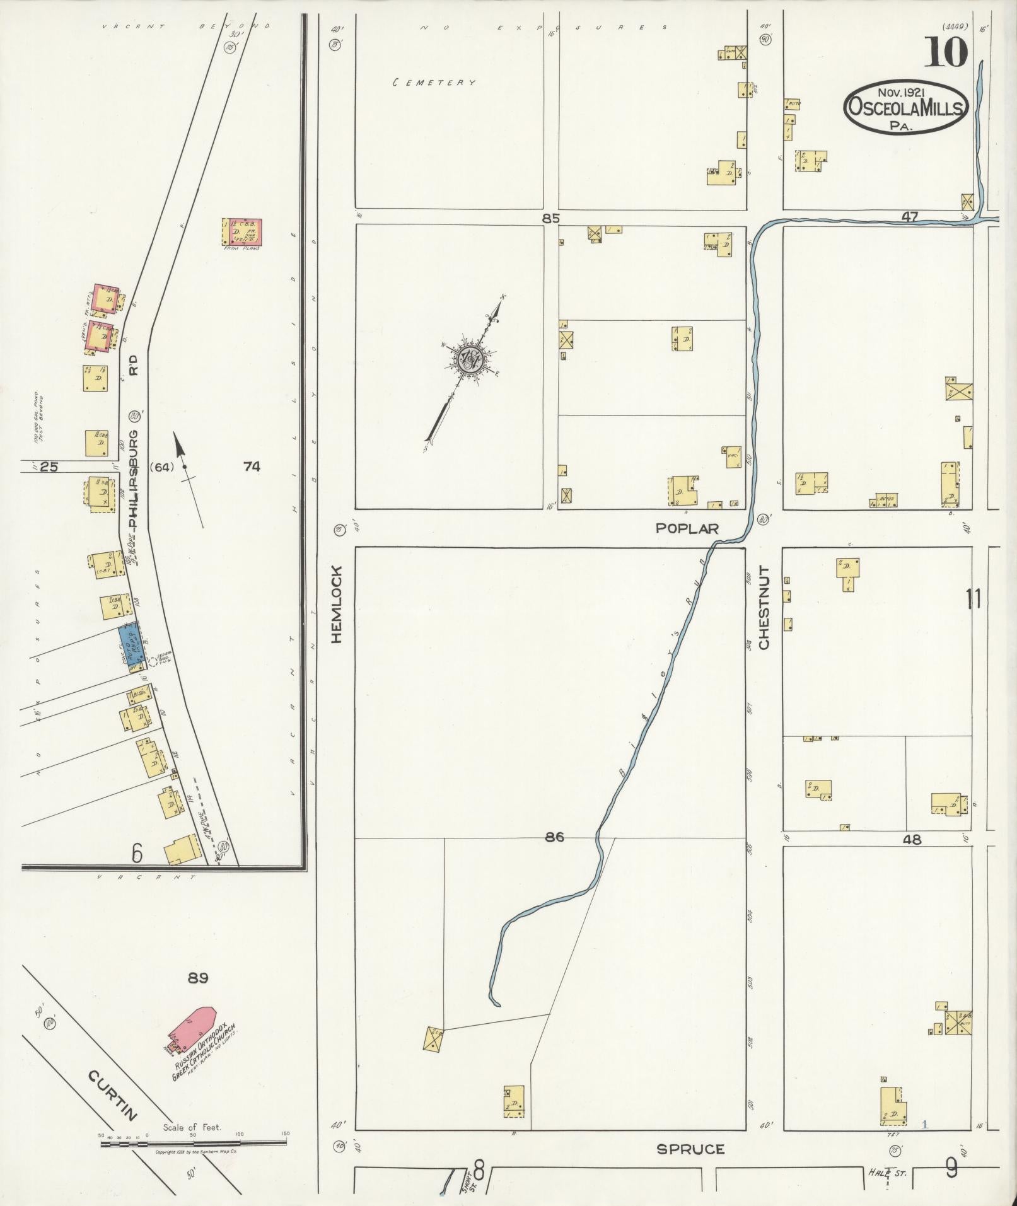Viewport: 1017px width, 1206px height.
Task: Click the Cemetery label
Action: (434, 83)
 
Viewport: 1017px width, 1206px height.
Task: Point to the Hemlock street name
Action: (337, 603)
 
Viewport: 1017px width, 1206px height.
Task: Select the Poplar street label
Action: (687, 528)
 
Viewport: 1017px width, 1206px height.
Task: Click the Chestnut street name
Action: (764, 607)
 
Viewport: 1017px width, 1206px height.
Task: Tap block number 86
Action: (554, 837)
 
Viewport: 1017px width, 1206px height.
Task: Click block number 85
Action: (550, 218)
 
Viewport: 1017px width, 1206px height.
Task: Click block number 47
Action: (909, 217)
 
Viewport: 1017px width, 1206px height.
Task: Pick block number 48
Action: (912, 839)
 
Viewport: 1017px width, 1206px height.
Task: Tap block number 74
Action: (252, 467)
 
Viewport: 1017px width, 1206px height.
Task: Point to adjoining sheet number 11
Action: (973, 598)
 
